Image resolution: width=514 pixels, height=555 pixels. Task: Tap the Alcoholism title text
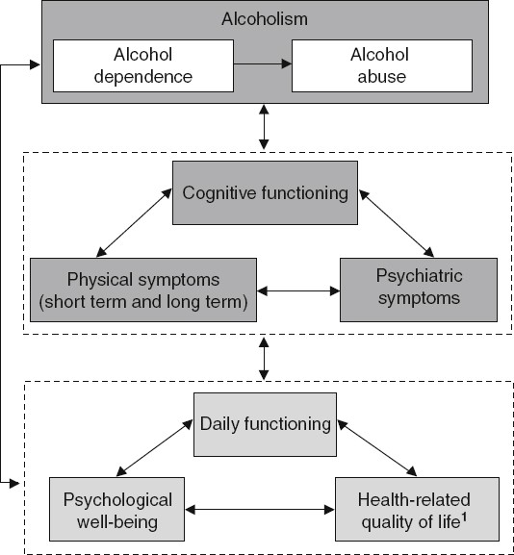(265, 20)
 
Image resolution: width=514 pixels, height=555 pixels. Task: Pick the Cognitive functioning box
(265, 193)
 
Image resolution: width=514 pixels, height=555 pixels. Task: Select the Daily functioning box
(265, 423)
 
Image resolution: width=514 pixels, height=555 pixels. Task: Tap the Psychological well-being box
(117, 510)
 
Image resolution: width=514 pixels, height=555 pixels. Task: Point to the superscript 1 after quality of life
(467, 517)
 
